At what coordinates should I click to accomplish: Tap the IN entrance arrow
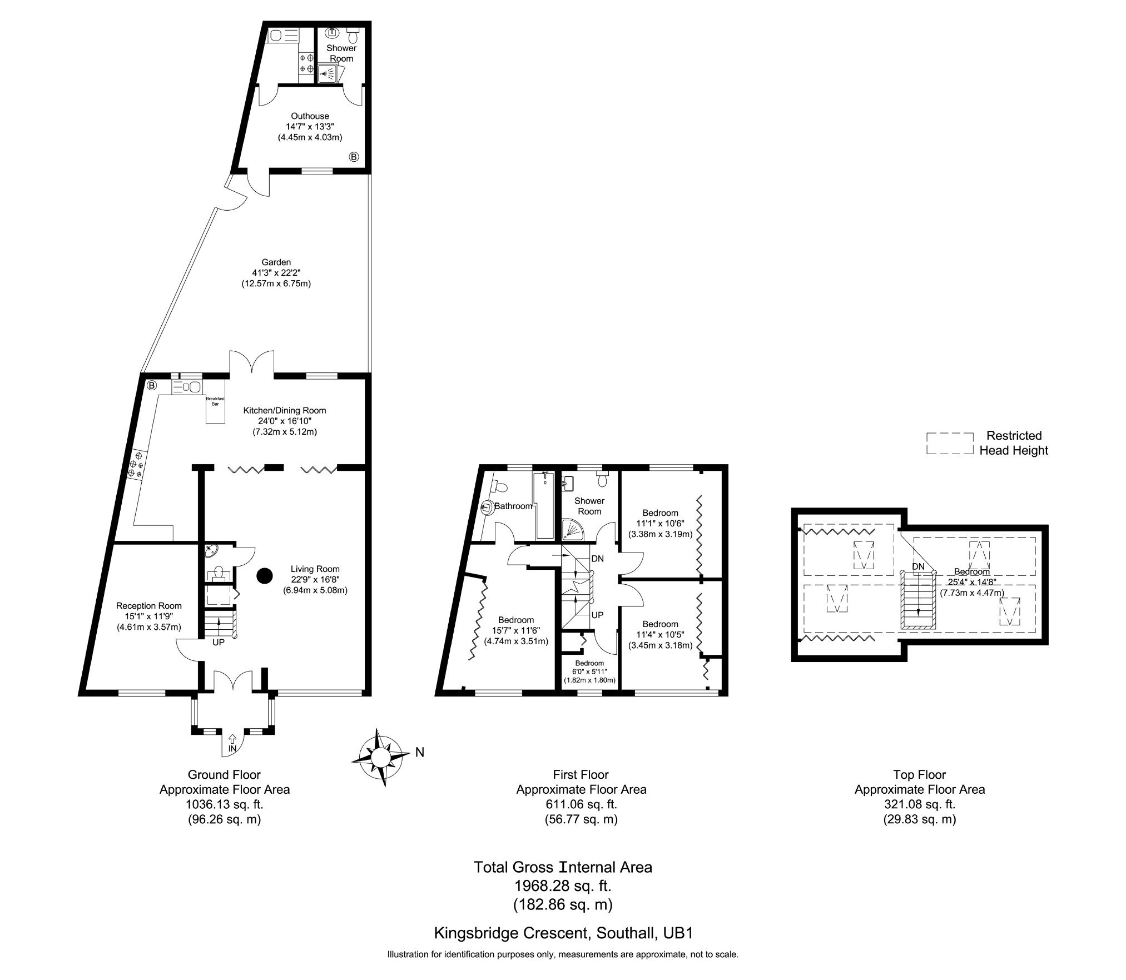[x=232, y=739]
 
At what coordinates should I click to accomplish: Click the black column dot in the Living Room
[x=265, y=576]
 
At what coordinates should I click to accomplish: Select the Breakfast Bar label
[x=215, y=401]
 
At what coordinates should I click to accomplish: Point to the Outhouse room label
[x=310, y=116]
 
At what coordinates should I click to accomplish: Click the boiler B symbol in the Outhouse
[x=354, y=157]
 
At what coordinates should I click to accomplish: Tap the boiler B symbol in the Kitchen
[x=152, y=385]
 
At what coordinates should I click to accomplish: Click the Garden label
[x=276, y=262]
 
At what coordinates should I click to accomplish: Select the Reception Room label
[x=149, y=606]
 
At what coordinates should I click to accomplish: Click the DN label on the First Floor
[x=597, y=559]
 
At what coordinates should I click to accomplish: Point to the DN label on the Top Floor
[x=918, y=566]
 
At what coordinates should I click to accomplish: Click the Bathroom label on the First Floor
[x=514, y=506]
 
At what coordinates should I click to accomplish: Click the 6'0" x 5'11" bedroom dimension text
[x=590, y=671]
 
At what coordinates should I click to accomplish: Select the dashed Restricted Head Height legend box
[x=950, y=444]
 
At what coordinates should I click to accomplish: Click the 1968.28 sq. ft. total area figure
[x=563, y=886]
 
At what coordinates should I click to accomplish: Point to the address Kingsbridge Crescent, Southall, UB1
[x=563, y=932]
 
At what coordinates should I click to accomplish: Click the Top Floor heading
[x=920, y=774]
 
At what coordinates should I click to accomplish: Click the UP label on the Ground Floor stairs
[x=219, y=642]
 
